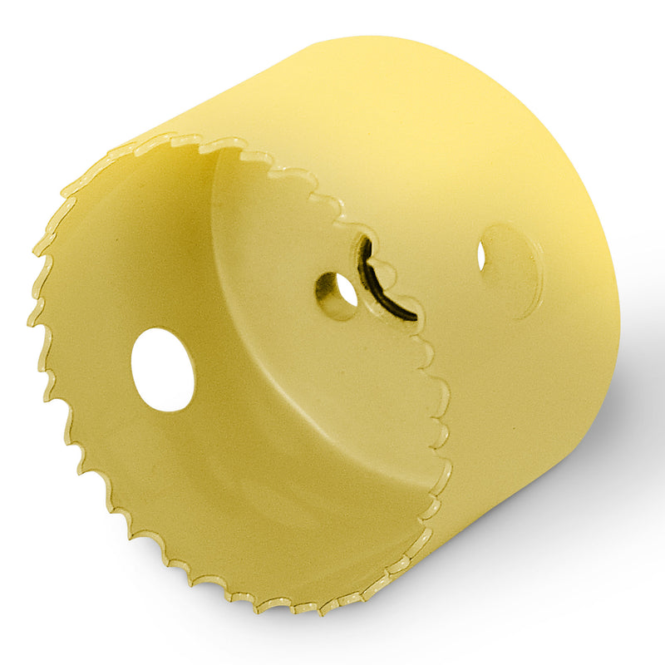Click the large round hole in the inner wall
[163, 369]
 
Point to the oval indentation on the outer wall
[509, 268]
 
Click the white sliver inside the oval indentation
[481, 255]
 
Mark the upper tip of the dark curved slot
[364, 243]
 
